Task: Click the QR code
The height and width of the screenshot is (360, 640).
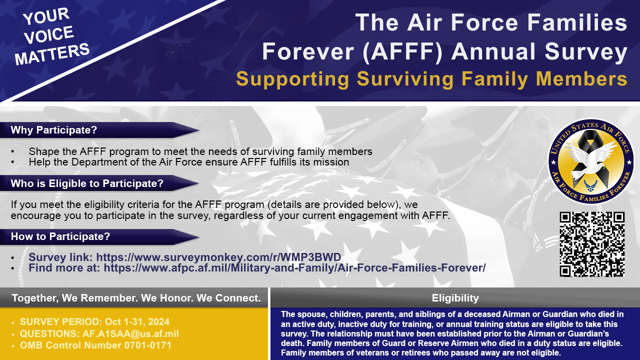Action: (592, 244)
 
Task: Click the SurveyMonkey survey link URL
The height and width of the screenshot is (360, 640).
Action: (218, 257)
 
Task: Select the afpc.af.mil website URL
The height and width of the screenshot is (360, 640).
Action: (294, 268)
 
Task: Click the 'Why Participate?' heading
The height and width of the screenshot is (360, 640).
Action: (53, 130)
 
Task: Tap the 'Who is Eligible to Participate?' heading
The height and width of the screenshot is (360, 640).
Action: (87, 183)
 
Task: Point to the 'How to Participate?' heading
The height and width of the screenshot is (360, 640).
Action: (60, 236)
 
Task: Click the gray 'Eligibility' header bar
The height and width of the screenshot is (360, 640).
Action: (455, 298)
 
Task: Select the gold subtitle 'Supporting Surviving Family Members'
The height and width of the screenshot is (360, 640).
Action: (431, 79)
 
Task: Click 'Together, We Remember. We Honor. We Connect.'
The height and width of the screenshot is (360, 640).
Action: (136, 298)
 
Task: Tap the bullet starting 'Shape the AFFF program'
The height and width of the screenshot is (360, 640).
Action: (200, 151)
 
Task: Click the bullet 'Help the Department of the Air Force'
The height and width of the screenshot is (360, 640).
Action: (188, 162)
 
